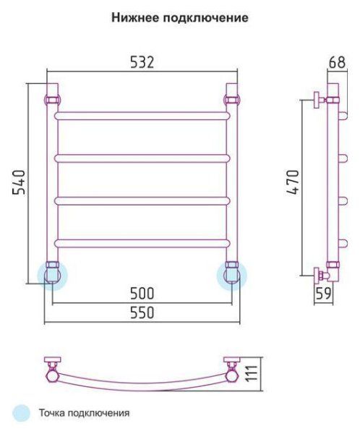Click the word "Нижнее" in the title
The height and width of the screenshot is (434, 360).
[x=135, y=17]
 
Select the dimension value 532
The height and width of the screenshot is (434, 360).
[x=142, y=62]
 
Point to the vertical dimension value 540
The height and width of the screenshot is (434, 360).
[x=19, y=182]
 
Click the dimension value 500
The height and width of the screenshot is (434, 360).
[x=142, y=294]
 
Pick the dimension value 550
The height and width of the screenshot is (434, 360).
[x=142, y=312]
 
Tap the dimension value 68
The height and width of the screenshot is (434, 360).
[x=337, y=62]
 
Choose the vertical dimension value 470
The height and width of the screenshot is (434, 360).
[x=293, y=182]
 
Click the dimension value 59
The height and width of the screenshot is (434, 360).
[x=323, y=294]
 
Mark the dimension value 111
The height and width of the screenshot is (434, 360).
[x=252, y=374]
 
